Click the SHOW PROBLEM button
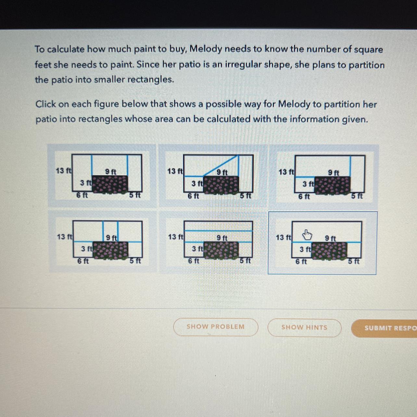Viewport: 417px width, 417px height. [216, 327]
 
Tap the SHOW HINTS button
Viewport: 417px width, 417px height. [304, 327]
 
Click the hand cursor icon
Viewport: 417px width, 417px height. [307, 235]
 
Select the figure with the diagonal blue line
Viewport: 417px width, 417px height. [213, 176]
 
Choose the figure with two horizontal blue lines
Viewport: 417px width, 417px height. [212, 242]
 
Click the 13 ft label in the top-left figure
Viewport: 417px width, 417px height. [64, 171]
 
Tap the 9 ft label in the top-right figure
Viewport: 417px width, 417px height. [334, 172]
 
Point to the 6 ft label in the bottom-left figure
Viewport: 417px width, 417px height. [83, 261]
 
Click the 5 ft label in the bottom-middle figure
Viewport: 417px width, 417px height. [246, 261]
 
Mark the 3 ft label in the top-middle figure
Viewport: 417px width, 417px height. [197, 183]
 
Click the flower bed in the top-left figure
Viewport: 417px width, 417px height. [110, 184]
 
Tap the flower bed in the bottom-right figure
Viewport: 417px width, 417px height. [329, 251]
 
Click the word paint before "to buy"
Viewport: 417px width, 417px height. [144, 49]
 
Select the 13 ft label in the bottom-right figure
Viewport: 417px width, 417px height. [284, 237]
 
